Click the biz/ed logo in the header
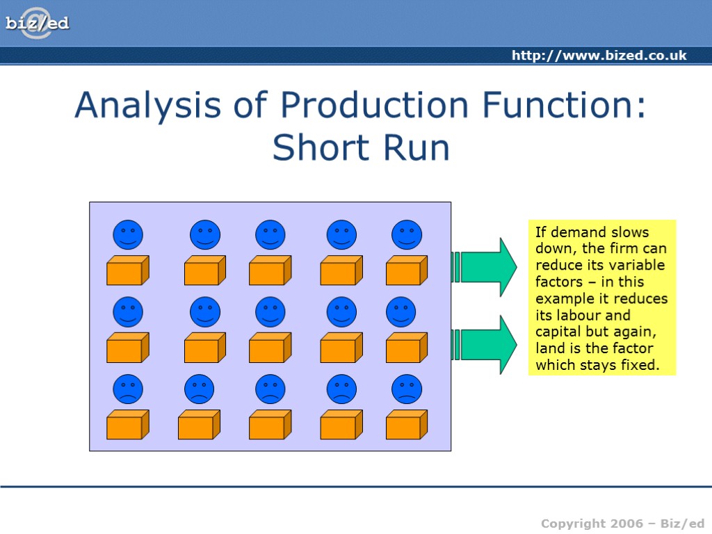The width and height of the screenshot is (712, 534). [38, 24]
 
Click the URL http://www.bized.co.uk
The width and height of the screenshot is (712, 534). [599, 56]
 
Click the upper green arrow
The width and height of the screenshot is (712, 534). [487, 267]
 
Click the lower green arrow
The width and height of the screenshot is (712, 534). [487, 344]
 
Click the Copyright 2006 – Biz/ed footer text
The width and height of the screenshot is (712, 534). [622, 524]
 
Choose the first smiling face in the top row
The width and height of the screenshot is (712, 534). [128, 235]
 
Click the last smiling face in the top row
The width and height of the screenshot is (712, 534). [407, 235]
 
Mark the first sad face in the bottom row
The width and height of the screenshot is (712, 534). [128, 389]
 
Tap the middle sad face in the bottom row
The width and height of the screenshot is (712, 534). [270, 389]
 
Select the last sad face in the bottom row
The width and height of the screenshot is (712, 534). [407, 389]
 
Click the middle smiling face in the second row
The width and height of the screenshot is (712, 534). [270, 312]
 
